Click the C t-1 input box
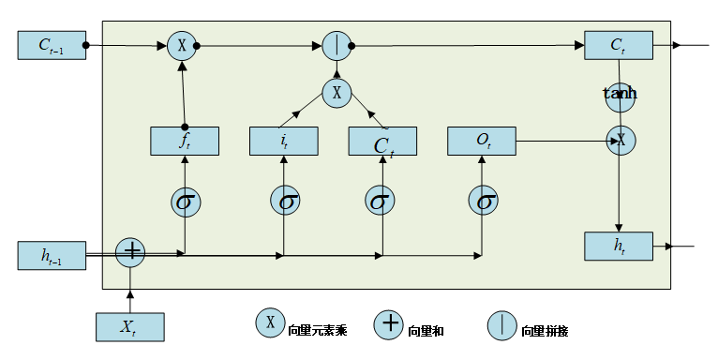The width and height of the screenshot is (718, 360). [x=52, y=45]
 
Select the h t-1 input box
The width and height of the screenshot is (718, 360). [x=52, y=255]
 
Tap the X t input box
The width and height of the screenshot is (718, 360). [x=130, y=326]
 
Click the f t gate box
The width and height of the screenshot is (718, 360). [x=185, y=141]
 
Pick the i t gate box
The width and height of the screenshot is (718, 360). [x=284, y=141]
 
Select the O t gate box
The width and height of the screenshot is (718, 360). [x=483, y=141]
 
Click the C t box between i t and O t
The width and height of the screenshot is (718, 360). [x=382, y=141]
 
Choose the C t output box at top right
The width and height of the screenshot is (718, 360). [x=619, y=45]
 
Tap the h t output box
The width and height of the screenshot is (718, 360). [x=619, y=246]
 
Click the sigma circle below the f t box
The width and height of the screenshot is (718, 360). [x=185, y=201]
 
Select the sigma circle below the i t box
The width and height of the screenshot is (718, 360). [x=284, y=201]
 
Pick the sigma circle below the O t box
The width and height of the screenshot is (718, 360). [x=483, y=201]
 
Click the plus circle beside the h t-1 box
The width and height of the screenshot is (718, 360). [x=130, y=251]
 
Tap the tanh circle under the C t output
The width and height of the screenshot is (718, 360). [x=620, y=97]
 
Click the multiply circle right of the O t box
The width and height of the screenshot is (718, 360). [x=620, y=141]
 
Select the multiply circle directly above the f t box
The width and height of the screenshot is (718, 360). [x=182, y=45]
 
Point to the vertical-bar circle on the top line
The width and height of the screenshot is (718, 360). [x=336, y=45]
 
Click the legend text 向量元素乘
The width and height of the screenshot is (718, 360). [x=318, y=330]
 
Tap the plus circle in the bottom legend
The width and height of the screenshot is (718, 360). [x=388, y=325]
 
